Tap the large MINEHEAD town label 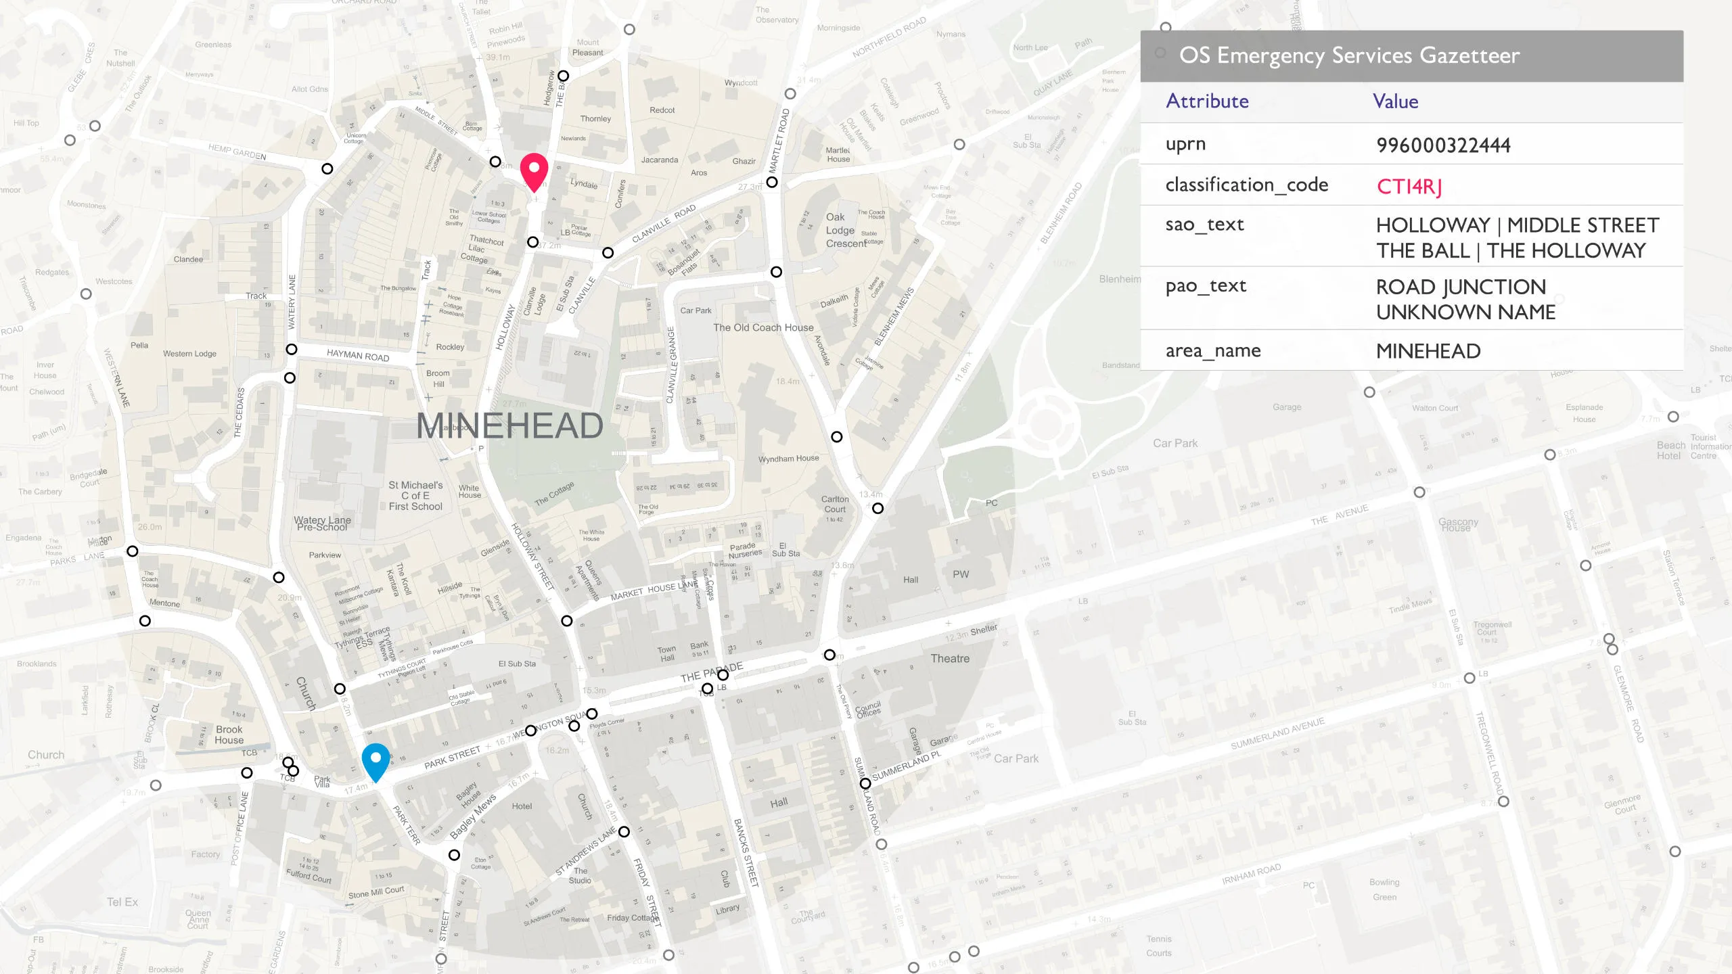click(x=509, y=425)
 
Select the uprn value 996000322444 click(x=1443, y=145)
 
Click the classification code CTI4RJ click(x=1409, y=186)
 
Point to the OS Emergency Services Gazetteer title click(x=1349, y=55)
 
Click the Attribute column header click(x=1207, y=101)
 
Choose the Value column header click(x=1395, y=101)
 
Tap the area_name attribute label click(x=1212, y=350)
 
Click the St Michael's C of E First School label click(x=415, y=495)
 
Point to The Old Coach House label click(x=763, y=327)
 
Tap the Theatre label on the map click(x=950, y=658)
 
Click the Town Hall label click(x=666, y=653)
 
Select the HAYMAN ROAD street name click(x=358, y=355)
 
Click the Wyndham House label click(x=788, y=459)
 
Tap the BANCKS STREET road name click(x=746, y=852)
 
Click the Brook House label click(x=229, y=735)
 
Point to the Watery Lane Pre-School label click(x=322, y=523)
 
